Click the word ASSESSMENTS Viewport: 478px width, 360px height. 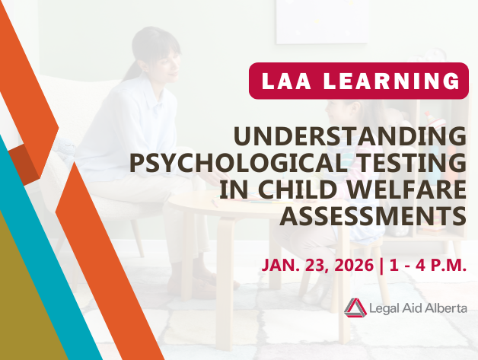tap(373, 217)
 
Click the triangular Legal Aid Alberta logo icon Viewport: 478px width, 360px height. tap(355, 307)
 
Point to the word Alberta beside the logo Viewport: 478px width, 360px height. tap(443, 307)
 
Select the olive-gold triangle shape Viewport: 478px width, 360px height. tap(27, 304)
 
